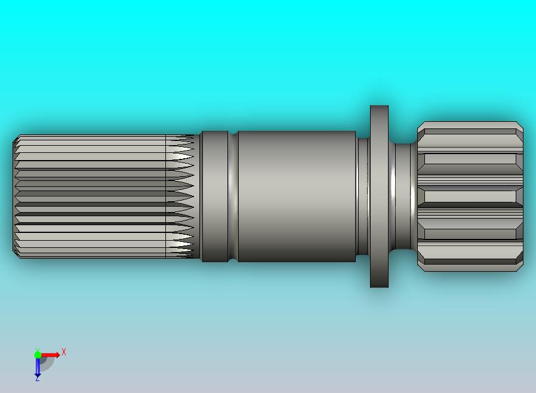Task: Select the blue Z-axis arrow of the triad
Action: [x=37, y=367]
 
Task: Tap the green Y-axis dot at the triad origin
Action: [x=38, y=354]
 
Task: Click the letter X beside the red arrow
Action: [x=64, y=352]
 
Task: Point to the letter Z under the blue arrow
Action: [x=37, y=378]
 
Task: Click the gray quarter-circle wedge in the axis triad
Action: [x=46, y=363]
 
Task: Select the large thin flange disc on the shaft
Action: [x=379, y=196]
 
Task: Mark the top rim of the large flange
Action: [x=379, y=106]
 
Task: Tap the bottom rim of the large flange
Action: [x=379, y=287]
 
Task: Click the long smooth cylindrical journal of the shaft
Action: [x=297, y=196]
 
